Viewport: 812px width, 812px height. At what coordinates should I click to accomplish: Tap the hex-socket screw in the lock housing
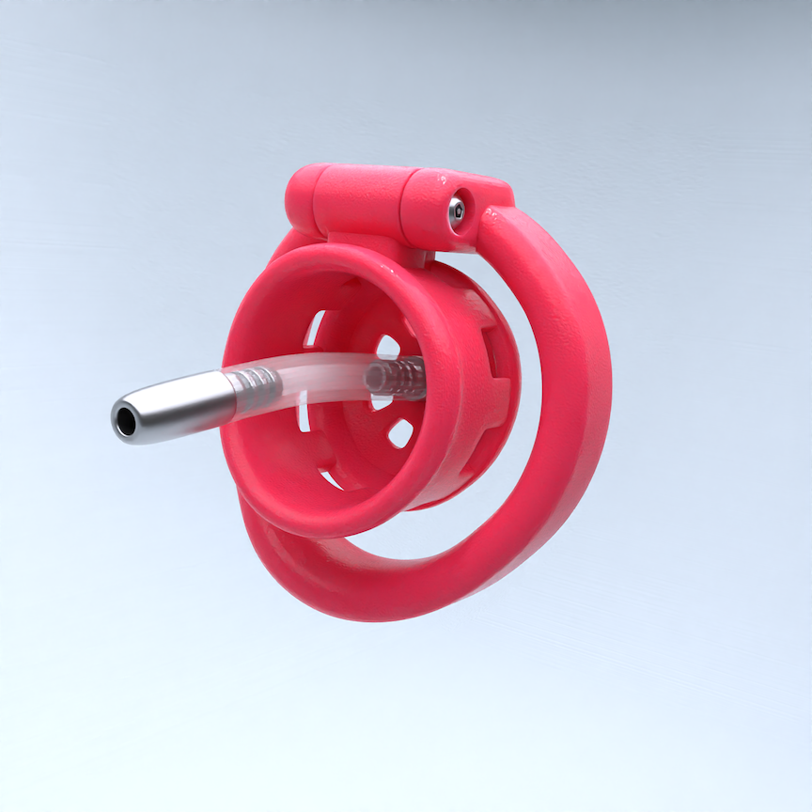pyautogui.click(x=457, y=211)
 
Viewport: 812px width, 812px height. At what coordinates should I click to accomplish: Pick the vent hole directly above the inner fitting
pyautogui.click(x=387, y=345)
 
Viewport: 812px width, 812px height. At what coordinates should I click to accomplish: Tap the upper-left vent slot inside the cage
pyautogui.click(x=314, y=329)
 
